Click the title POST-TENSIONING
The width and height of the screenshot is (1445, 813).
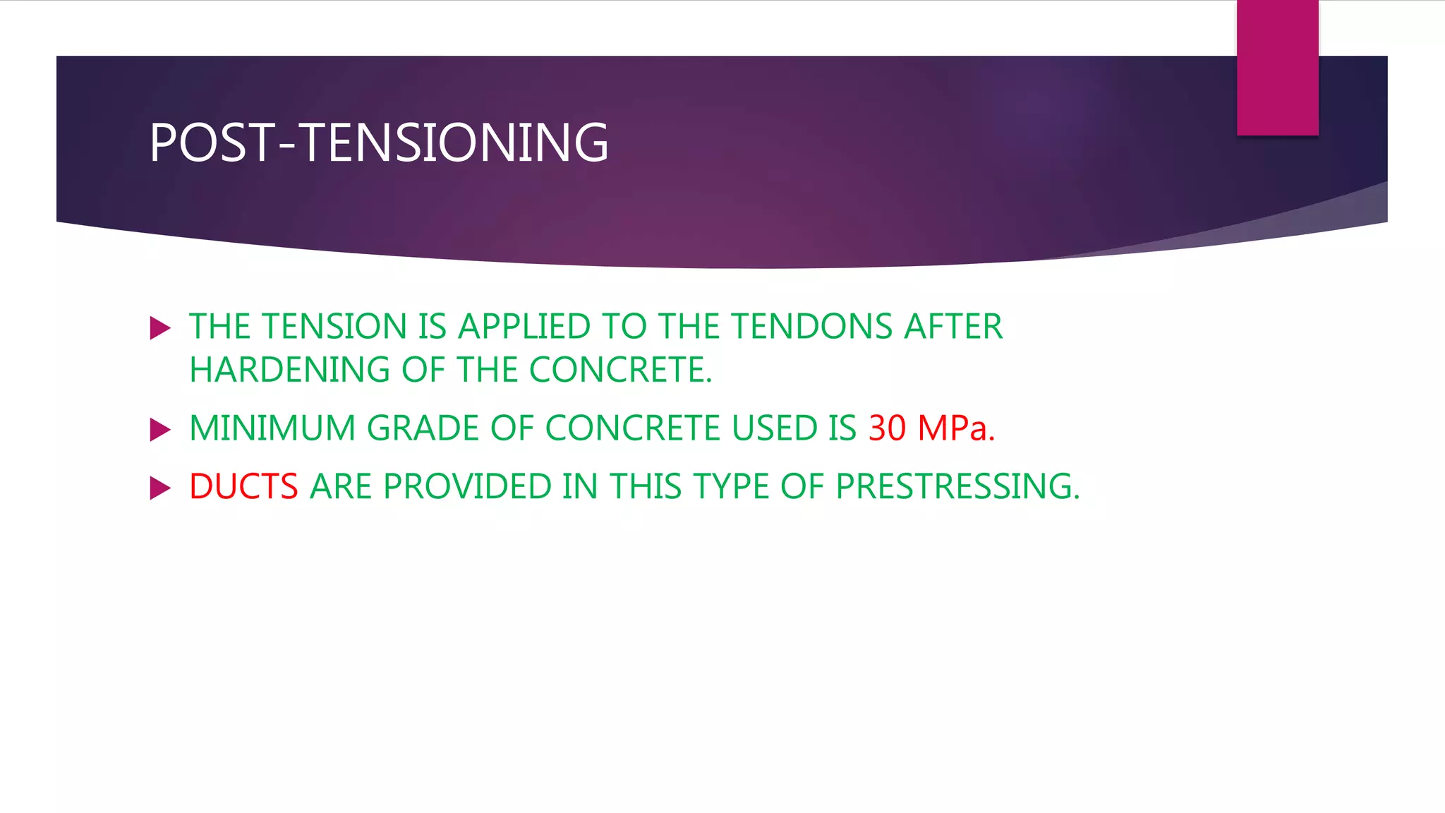coord(379,143)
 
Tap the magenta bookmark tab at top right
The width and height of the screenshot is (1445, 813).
coord(1277,67)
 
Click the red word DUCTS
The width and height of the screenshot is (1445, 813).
coord(243,487)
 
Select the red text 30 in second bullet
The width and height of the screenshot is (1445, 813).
coord(887,428)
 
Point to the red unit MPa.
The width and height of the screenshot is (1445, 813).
coord(955,428)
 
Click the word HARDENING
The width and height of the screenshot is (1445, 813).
coord(289,370)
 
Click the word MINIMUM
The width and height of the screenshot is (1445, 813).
coord(272,428)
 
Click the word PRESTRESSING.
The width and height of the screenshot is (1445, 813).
coord(957,487)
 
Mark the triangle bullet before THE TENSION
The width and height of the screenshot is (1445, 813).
coord(160,328)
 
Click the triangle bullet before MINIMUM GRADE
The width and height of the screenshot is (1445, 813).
coord(160,430)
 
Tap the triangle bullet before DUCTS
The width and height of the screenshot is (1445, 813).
coord(160,488)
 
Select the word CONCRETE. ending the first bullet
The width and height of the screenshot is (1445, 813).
coord(620,370)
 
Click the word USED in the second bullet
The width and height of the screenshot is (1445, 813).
coord(774,428)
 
